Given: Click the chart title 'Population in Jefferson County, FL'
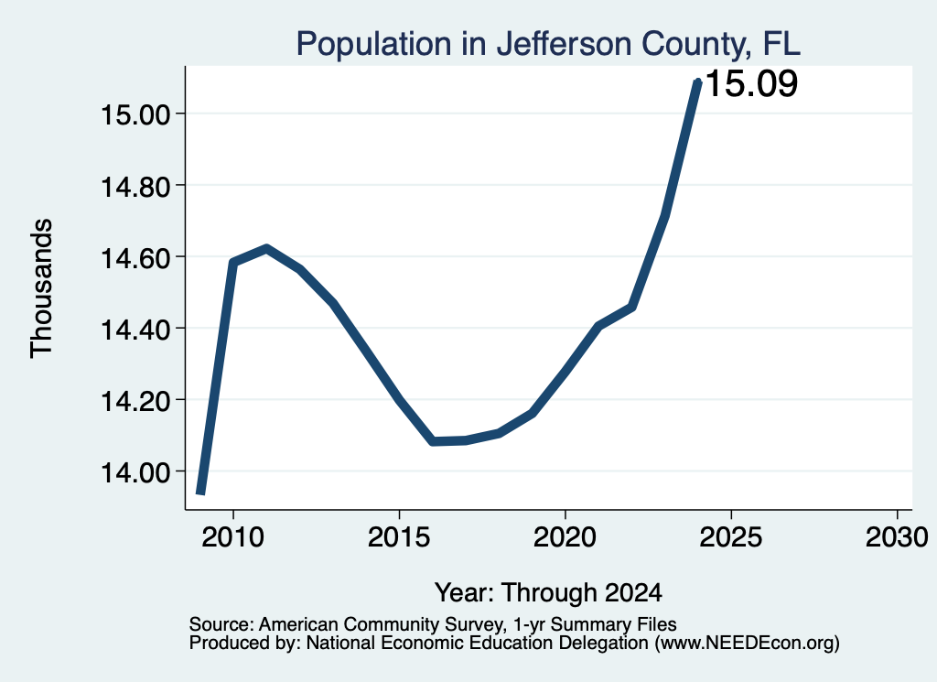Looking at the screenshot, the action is point(548,44).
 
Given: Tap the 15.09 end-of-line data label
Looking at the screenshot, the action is point(752,83).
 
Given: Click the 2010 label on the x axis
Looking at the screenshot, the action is point(233,537).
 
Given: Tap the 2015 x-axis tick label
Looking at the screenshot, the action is point(399,537).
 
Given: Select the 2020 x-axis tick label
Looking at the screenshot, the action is point(565,537).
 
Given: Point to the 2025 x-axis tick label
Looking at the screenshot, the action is point(731,537).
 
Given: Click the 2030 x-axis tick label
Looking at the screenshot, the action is point(897,537).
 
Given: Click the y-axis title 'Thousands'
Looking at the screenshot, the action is point(41,288).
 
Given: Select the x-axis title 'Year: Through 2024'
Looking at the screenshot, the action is point(548,593).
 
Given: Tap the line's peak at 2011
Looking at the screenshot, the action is point(266,248).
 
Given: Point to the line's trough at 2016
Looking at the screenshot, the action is point(433,441).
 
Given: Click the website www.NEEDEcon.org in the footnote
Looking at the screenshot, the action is point(747,644).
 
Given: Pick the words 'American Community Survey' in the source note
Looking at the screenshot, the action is point(380,624).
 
